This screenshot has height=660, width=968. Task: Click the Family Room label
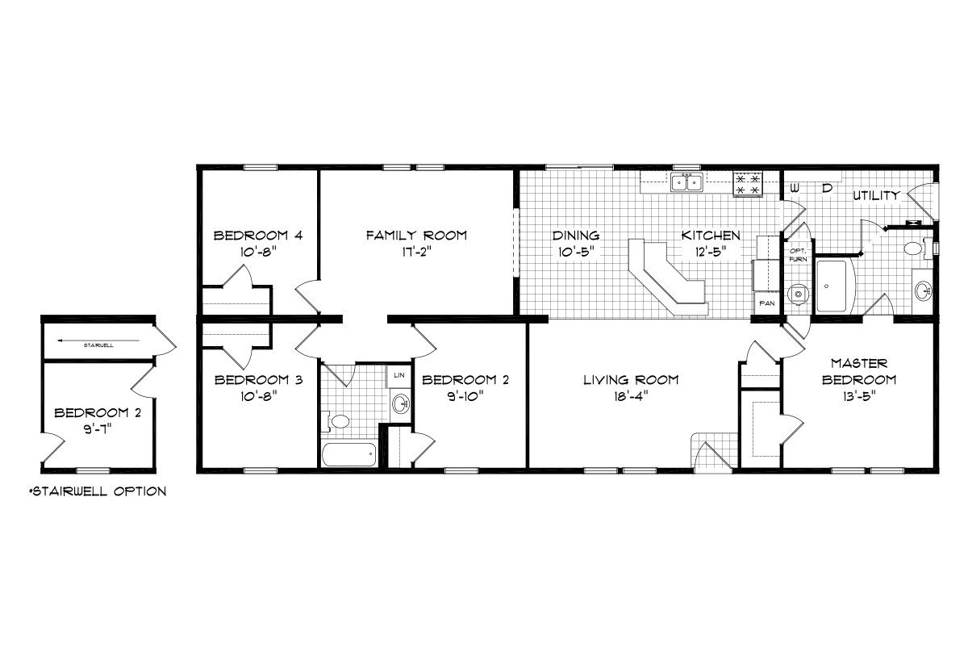(x=416, y=235)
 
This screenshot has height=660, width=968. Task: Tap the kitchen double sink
(x=686, y=182)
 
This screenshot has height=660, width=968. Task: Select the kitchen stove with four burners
(x=748, y=184)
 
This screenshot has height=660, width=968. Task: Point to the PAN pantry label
(x=767, y=303)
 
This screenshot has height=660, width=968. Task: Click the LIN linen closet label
(x=398, y=374)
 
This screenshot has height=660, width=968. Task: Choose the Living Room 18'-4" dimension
(x=631, y=396)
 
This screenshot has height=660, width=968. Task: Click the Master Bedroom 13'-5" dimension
(x=858, y=396)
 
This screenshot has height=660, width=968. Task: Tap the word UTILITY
(x=876, y=195)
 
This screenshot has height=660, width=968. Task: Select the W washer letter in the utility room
(x=795, y=189)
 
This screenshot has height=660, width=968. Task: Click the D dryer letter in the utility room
(x=827, y=189)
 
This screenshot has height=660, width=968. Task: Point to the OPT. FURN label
(x=798, y=255)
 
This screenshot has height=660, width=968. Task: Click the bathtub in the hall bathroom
(x=349, y=454)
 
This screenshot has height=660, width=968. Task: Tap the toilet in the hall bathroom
(x=336, y=421)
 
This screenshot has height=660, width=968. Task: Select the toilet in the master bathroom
(x=916, y=249)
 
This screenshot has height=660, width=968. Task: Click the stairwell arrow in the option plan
(x=98, y=340)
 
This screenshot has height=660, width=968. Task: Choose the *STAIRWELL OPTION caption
(x=98, y=491)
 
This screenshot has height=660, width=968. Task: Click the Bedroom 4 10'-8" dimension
(x=258, y=252)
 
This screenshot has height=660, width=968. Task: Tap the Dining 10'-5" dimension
(x=576, y=252)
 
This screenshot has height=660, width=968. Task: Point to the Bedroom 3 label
(x=258, y=380)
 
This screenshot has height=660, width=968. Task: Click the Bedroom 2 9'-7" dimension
(x=98, y=429)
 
